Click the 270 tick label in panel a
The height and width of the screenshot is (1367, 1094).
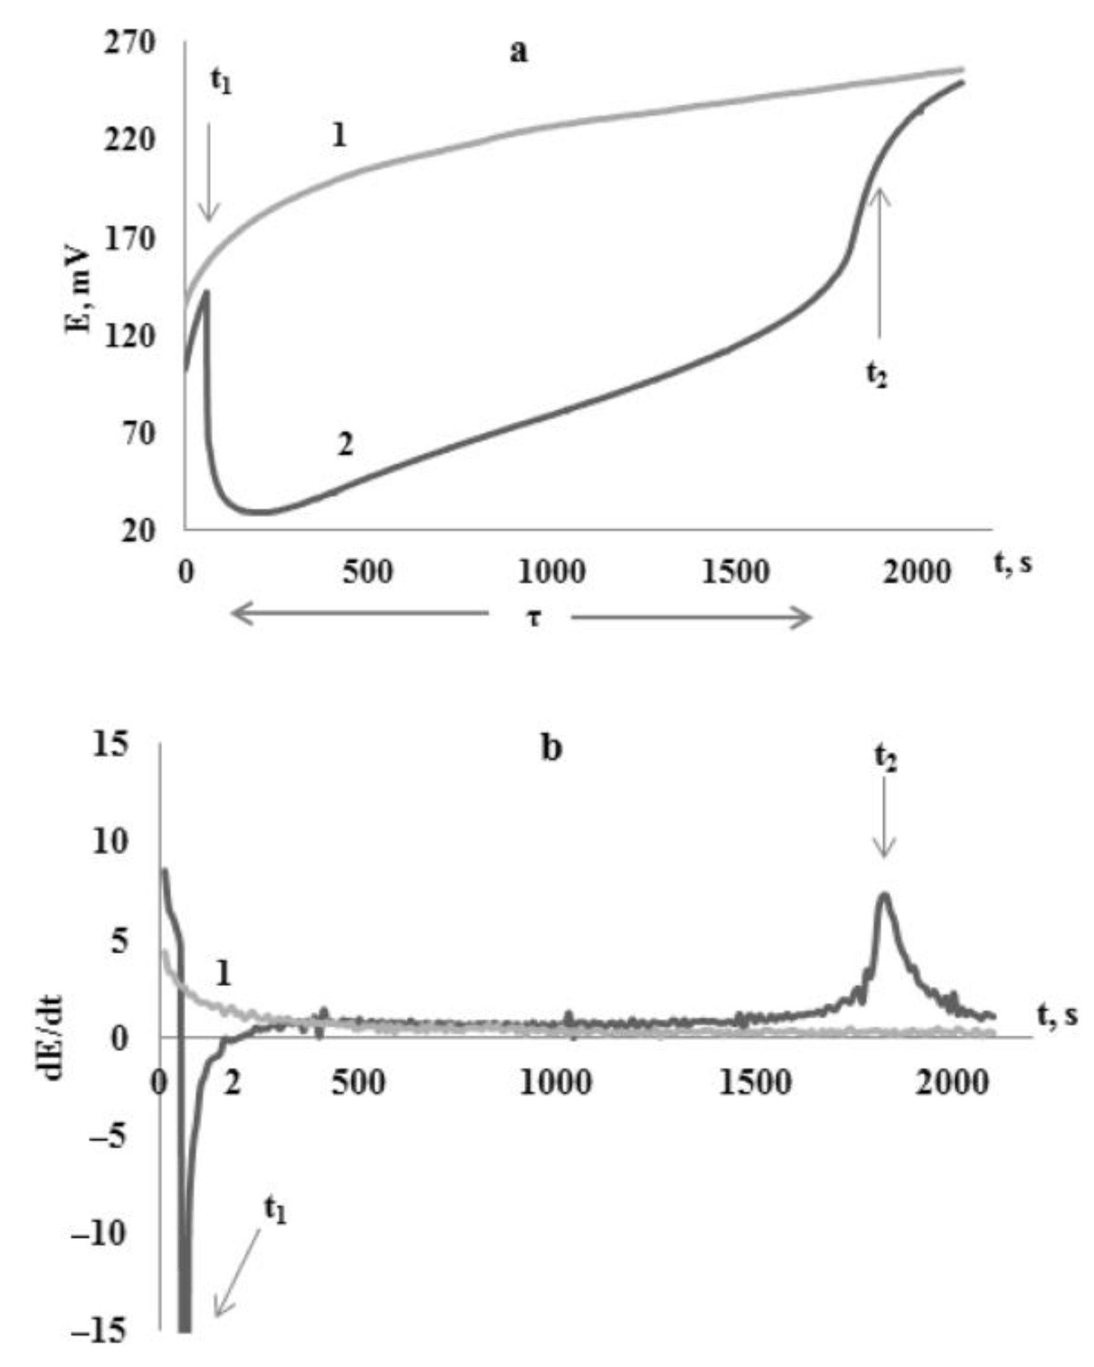pyautogui.click(x=132, y=43)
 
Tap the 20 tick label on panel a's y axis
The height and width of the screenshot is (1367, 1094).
pyautogui.click(x=138, y=530)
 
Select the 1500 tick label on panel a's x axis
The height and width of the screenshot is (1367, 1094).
pyautogui.click(x=736, y=573)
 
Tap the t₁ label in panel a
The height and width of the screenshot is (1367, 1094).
pyautogui.click(x=221, y=81)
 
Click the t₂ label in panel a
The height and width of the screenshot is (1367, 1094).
pyautogui.click(x=877, y=375)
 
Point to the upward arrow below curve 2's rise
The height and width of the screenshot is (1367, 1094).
pyautogui.click(x=879, y=260)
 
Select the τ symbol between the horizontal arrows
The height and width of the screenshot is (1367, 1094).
pyautogui.click(x=533, y=616)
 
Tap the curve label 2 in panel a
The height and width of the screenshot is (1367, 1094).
pyautogui.click(x=345, y=445)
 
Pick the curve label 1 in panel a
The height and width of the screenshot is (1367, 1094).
pyautogui.click(x=339, y=135)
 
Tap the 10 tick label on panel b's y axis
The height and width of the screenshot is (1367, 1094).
pyautogui.click(x=109, y=842)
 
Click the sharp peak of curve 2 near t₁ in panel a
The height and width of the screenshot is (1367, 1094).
pyautogui.click(x=206, y=292)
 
